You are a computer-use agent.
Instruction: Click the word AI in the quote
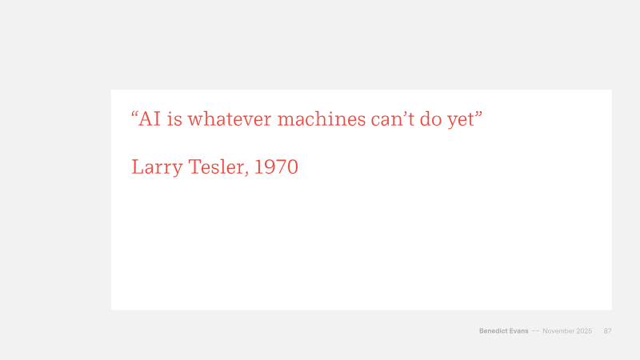150,119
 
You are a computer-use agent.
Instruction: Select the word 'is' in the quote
174,119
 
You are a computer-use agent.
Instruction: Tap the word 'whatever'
230,119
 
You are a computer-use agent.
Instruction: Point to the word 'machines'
322,119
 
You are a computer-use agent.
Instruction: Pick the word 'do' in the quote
430,119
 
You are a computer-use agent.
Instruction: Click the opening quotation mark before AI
134,114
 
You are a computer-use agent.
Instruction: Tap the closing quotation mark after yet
478,114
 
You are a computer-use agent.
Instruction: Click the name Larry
157,168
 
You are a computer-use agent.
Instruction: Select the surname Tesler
216,166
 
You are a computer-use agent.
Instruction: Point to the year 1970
276,166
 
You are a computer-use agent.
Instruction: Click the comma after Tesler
246,174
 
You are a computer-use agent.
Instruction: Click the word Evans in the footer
518,331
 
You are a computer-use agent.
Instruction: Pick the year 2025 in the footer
584,331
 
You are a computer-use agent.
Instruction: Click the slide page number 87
608,331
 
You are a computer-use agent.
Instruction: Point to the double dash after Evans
535,331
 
